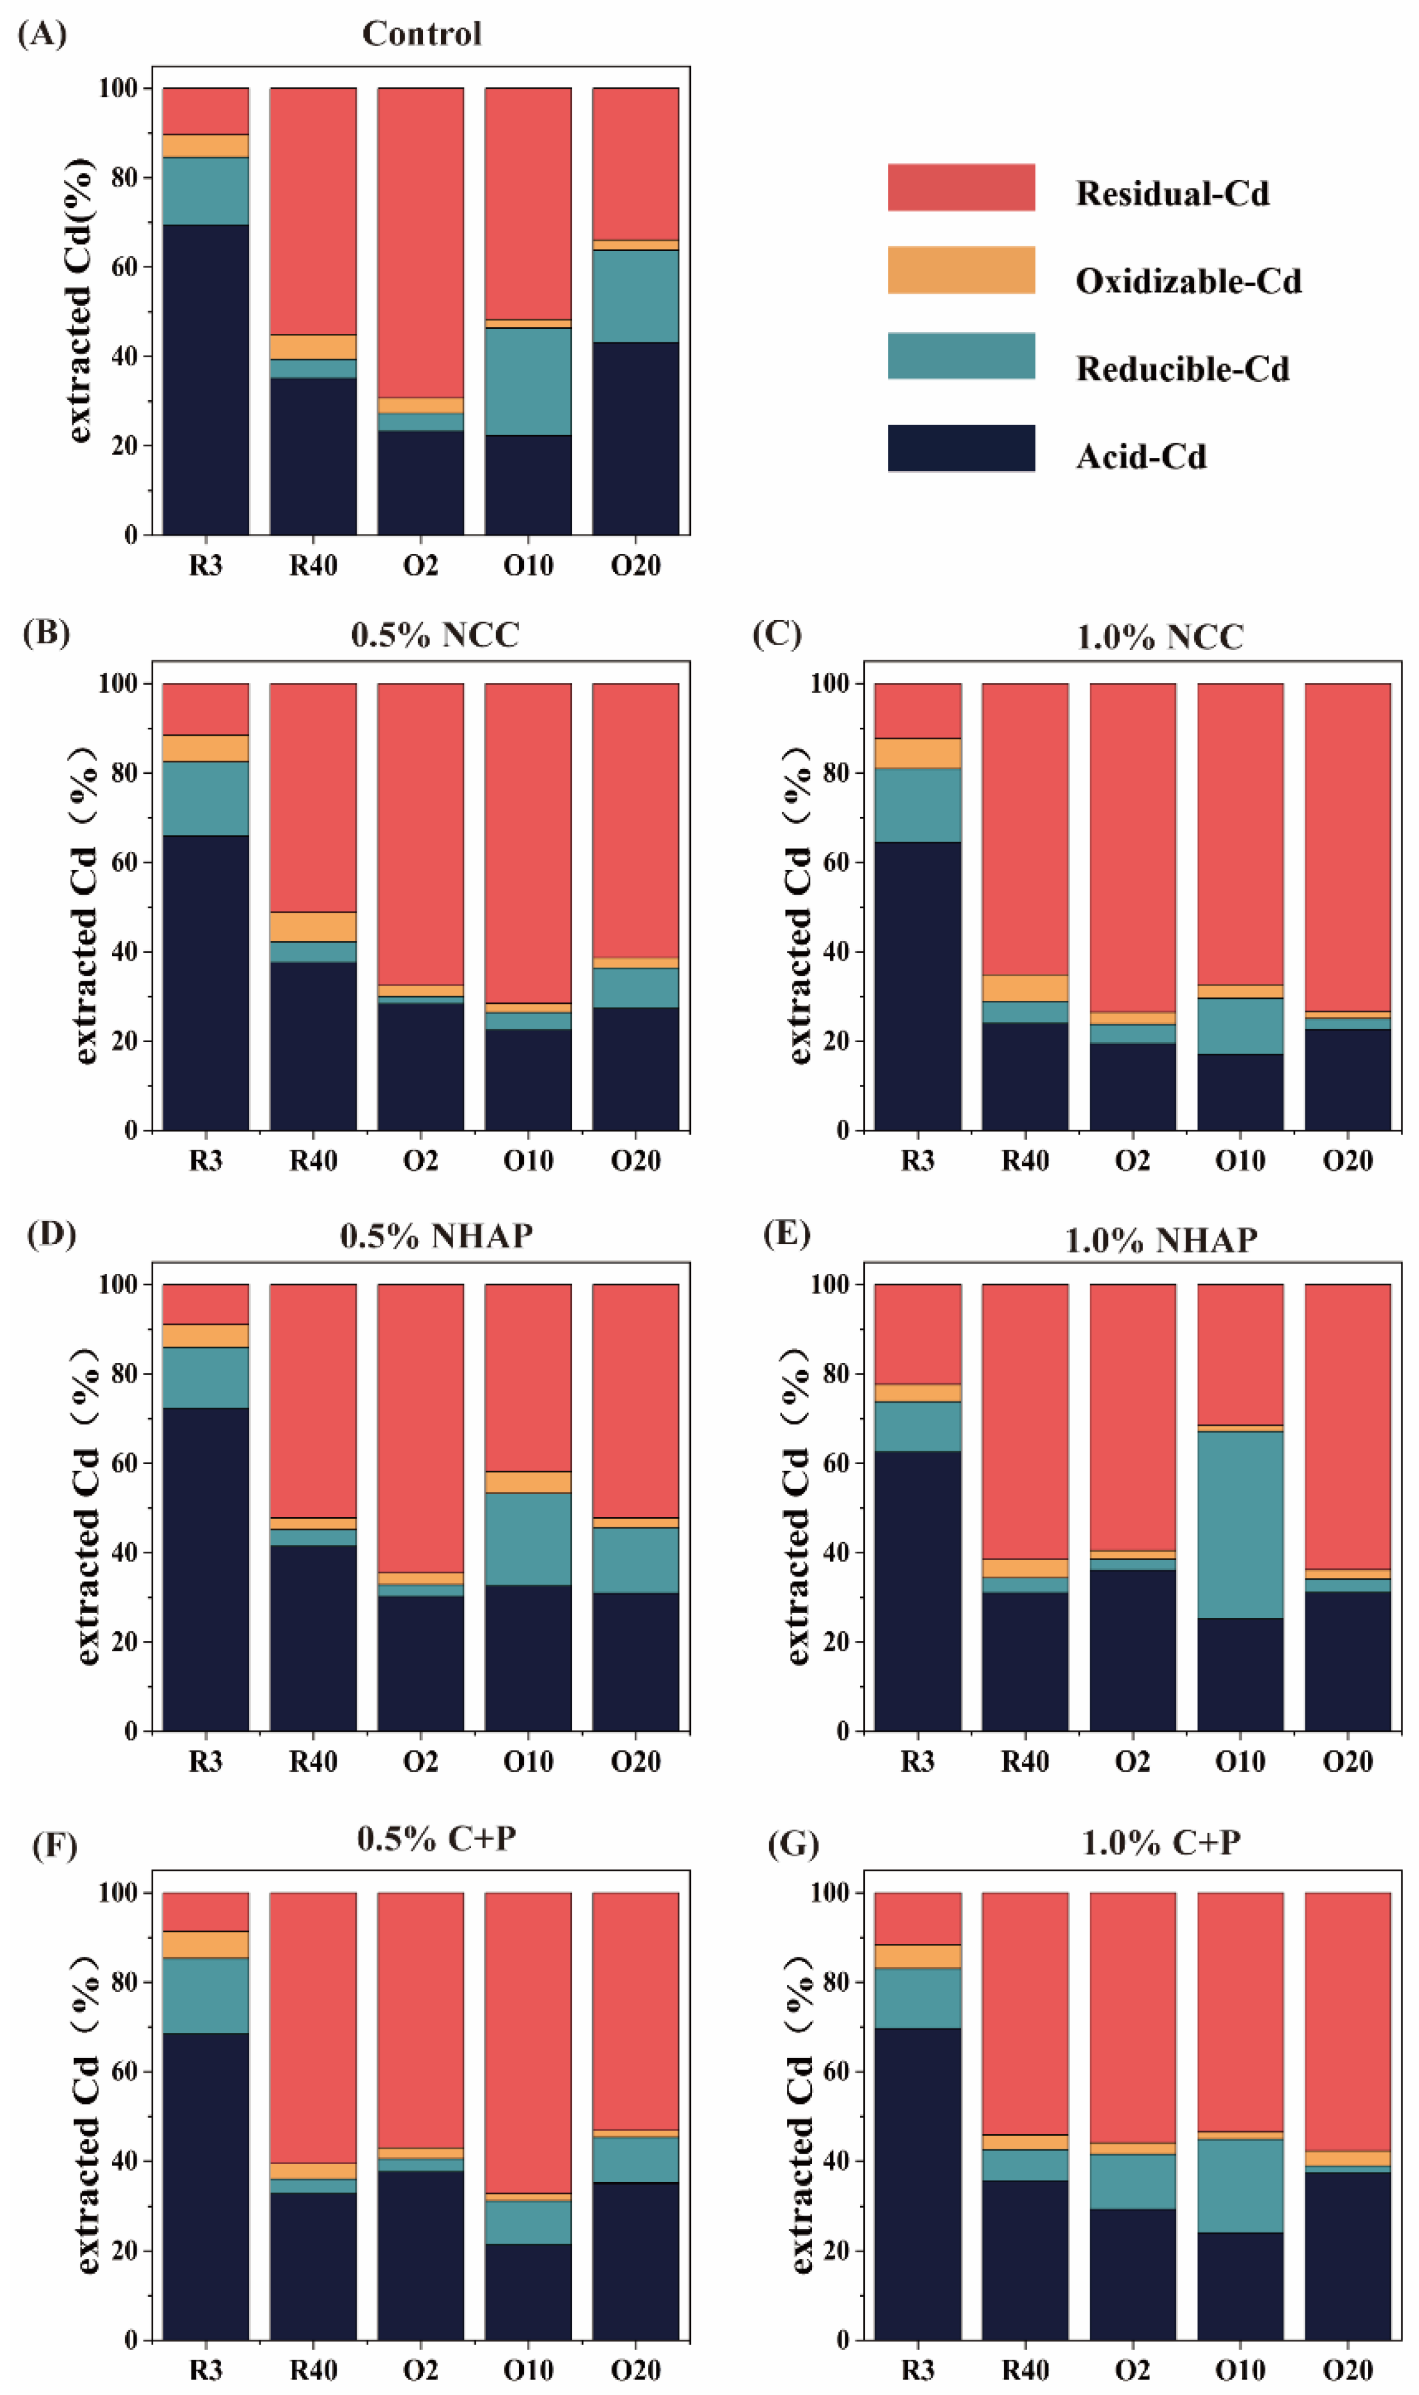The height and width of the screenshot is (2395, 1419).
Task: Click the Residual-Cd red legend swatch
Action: point(961,187)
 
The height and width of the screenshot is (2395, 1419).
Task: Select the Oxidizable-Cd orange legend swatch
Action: point(961,270)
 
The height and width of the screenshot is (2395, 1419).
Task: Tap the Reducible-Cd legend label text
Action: point(1183,369)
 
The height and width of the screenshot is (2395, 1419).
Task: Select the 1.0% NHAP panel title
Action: point(1161,1240)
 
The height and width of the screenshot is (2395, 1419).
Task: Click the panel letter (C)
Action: point(777,634)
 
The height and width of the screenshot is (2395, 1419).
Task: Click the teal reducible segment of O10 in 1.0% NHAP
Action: point(1240,1524)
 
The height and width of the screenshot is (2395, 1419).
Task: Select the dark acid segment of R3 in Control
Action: point(205,380)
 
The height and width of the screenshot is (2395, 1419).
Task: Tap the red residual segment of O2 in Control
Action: point(421,243)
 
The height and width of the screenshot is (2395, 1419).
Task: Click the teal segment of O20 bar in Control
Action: point(636,297)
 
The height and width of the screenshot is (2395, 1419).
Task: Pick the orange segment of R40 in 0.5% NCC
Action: point(313,927)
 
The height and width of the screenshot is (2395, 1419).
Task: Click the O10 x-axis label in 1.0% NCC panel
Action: point(1240,1161)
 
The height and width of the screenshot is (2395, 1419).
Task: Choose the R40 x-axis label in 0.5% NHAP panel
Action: point(314,1762)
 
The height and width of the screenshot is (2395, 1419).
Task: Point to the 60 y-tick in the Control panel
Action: point(125,267)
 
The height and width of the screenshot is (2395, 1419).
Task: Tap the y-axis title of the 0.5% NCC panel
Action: point(84,906)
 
